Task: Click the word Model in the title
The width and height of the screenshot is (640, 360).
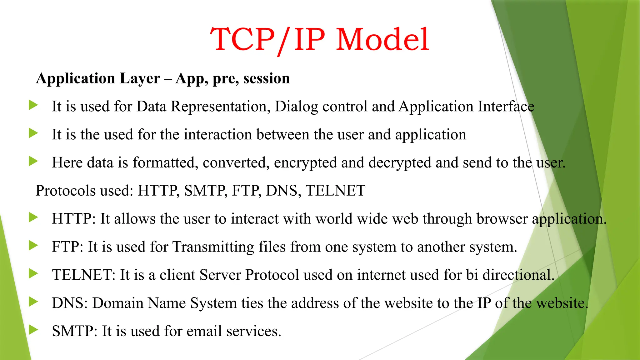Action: click(x=382, y=40)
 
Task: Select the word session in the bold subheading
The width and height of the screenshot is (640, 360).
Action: click(x=267, y=78)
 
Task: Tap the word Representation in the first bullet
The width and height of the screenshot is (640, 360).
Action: click(x=220, y=107)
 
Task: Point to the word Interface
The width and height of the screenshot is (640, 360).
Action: click(x=506, y=107)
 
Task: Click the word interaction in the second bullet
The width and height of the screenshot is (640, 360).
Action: click(x=218, y=135)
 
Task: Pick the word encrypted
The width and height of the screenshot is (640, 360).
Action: click(x=305, y=163)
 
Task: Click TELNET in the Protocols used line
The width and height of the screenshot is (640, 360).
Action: click(x=335, y=191)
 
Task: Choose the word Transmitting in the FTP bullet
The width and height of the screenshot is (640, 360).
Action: click(x=213, y=247)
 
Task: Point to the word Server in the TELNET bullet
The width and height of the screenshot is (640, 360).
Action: click(x=220, y=275)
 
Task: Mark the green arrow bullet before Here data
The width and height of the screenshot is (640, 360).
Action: click(x=33, y=161)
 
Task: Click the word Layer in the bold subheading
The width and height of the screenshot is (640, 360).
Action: click(x=140, y=78)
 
